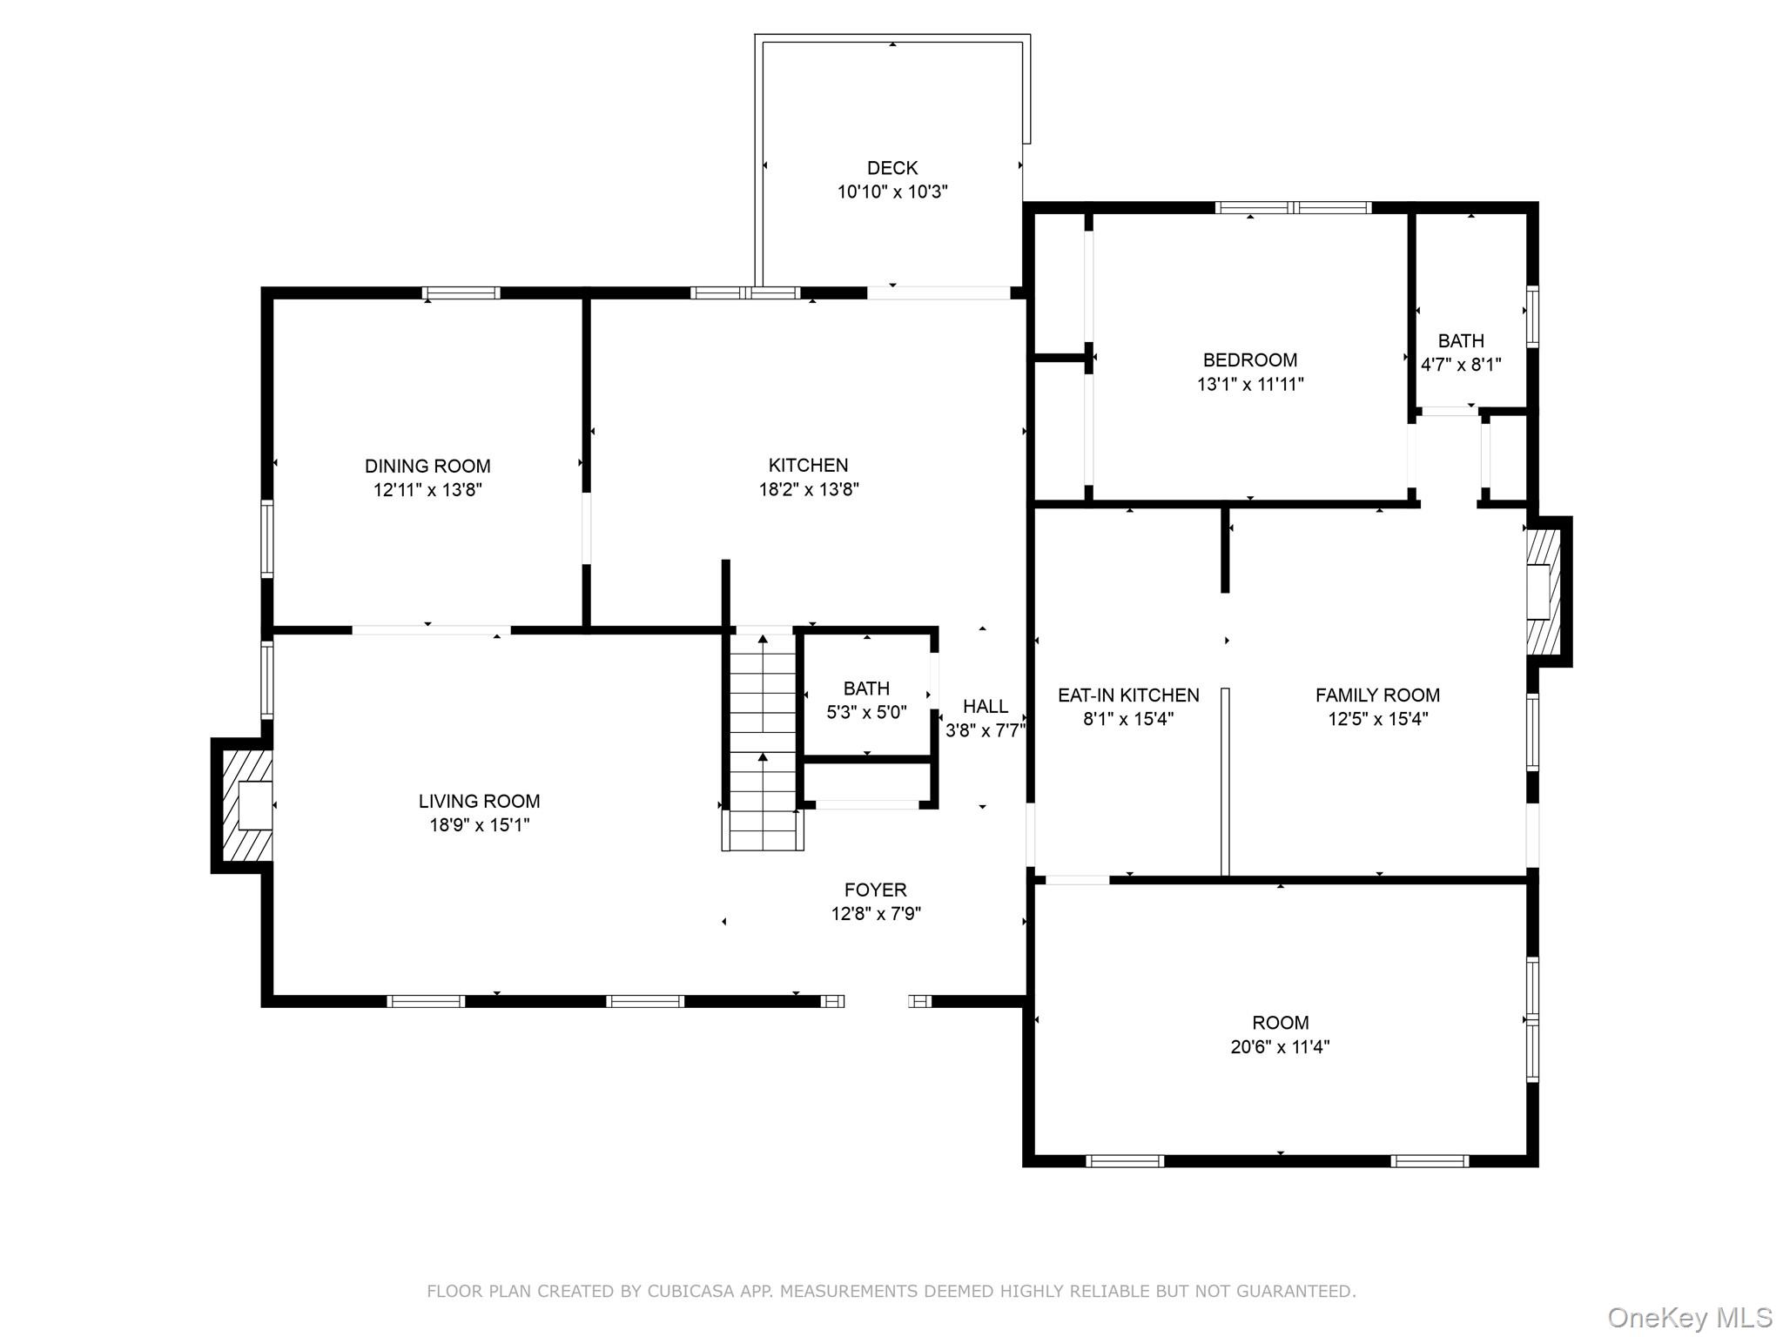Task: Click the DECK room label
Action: click(x=892, y=168)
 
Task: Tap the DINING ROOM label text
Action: click(x=427, y=466)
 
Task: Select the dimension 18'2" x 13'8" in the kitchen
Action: click(x=809, y=489)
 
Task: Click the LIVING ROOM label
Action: click(x=479, y=801)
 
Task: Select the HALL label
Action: click(x=986, y=707)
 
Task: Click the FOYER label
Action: click(x=876, y=890)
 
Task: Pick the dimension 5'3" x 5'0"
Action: click(x=866, y=712)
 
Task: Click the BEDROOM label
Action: click(x=1250, y=359)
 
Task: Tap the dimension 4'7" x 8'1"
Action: click(x=1461, y=365)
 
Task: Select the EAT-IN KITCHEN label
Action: click(x=1128, y=695)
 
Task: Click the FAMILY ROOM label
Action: click(x=1377, y=695)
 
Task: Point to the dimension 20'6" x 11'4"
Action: click(x=1280, y=1046)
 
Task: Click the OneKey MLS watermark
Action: click(x=1690, y=1317)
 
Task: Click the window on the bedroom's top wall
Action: click(x=1293, y=207)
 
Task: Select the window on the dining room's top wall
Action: click(x=461, y=292)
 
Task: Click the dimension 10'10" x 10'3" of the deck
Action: click(x=892, y=191)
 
